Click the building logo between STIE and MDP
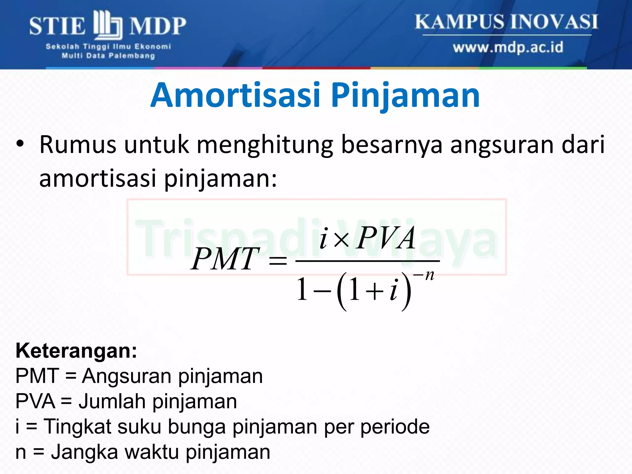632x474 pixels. click(x=108, y=25)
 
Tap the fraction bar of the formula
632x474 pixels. click(x=367, y=261)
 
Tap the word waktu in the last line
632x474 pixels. click(x=151, y=452)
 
